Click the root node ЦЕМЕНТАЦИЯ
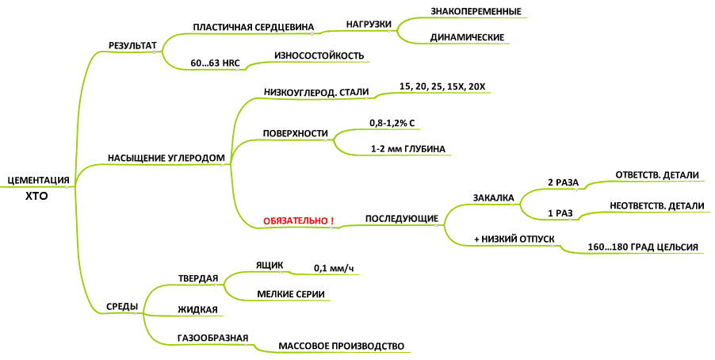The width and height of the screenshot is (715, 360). point(38,180)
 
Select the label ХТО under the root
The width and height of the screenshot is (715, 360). point(36,197)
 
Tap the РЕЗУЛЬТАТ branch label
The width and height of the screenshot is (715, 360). point(132,46)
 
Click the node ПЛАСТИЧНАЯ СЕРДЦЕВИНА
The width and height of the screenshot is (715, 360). point(254,27)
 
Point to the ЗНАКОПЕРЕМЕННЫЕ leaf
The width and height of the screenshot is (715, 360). point(476,11)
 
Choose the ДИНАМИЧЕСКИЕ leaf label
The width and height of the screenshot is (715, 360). point(468,37)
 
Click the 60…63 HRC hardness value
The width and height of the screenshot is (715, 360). point(215,63)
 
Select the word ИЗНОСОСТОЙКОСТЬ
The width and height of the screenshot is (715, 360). point(319,56)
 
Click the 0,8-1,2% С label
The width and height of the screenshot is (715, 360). point(392,123)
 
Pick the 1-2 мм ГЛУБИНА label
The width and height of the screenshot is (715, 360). point(408,149)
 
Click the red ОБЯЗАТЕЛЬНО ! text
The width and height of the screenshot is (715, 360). point(298,220)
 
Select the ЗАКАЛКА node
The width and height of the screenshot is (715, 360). point(493,198)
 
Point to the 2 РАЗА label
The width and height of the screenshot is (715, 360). point(563,182)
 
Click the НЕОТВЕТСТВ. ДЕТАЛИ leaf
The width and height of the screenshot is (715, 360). point(657,206)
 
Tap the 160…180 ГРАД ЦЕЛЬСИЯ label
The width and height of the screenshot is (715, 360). point(643,247)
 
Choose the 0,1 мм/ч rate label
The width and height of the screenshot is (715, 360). point(334,269)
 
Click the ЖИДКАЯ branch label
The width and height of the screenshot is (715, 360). point(197,309)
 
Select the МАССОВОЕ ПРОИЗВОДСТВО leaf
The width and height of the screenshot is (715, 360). point(341,346)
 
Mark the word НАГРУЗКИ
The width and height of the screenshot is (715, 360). point(369,24)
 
